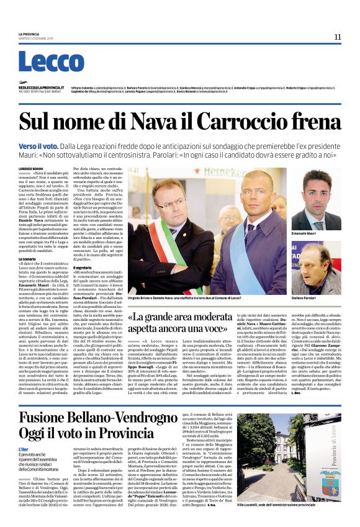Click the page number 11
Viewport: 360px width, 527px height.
click(x=337, y=37)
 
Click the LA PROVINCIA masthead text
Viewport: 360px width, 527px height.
click(x=29, y=34)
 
